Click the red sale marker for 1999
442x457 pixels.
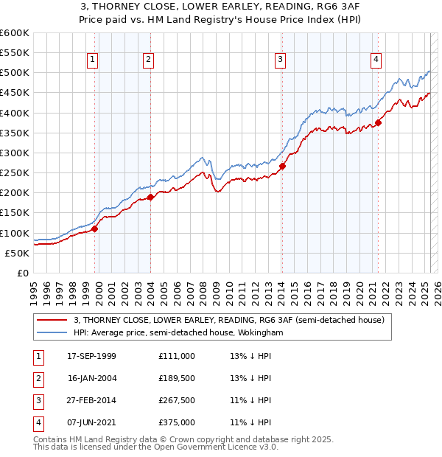click(94, 228)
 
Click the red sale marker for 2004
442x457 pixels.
click(150, 197)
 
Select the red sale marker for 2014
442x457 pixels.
click(282, 166)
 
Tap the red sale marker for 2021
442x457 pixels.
click(378, 122)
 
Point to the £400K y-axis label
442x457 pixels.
click(15, 113)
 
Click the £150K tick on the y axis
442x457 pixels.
click(15, 213)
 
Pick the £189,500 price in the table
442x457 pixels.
click(176, 378)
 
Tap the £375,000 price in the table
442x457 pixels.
click(176, 422)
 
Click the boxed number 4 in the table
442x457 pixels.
click(38, 422)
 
